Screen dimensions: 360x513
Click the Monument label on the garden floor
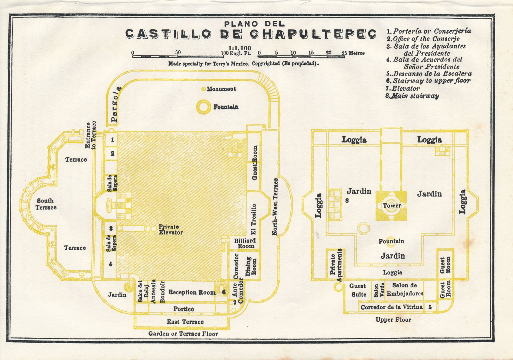221,89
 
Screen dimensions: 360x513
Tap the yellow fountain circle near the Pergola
203,107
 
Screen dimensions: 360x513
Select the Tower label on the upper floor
392,206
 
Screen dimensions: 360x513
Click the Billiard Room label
245,243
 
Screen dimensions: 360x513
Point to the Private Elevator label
170,229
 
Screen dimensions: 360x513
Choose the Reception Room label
192,292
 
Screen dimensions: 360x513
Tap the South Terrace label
46,204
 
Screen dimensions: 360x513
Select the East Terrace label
185,322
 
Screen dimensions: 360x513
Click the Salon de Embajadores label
405,289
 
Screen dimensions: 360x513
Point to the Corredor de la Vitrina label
391,307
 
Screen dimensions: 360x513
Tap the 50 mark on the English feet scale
178,52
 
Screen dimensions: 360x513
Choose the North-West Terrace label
275,207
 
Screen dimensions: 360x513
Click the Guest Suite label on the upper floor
358,290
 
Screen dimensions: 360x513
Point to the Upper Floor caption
393,320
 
